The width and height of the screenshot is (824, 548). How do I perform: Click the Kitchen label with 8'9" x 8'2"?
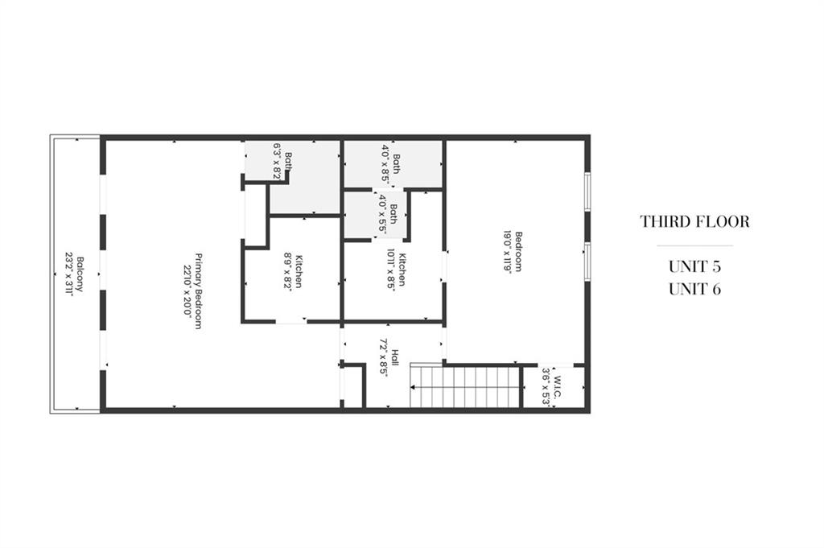(x=299, y=271)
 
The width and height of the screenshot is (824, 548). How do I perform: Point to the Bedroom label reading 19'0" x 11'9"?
(x=519, y=252)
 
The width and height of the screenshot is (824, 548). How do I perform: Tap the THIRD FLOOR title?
(x=694, y=221)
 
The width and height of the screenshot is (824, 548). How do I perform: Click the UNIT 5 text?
(x=694, y=266)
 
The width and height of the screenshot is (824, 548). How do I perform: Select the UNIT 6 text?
(x=694, y=289)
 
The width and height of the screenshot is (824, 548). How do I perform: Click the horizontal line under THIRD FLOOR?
(x=694, y=245)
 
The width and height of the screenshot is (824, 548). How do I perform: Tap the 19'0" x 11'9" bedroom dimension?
(x=508, y=252)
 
